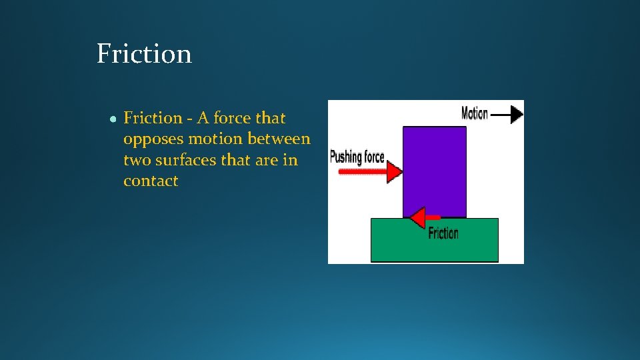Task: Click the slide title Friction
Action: [x=144, y=53]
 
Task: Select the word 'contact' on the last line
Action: [x=151, y=181]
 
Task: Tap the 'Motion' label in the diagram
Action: [x=475, y=113]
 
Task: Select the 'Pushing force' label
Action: [x=357, y=157]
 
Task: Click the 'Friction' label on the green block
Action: [x=443, y=233]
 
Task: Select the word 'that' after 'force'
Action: [x=271, y=118]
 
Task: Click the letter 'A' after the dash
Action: [x=202, y=118]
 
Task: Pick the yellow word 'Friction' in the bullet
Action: [x=153, y=118]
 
